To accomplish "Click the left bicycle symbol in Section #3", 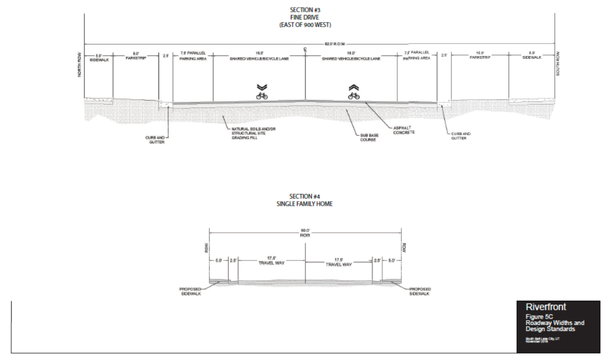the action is (261, 95).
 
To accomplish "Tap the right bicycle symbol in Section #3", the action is (354, 95).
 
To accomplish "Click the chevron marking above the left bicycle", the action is (261, 87).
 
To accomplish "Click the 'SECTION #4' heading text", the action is (304, 197).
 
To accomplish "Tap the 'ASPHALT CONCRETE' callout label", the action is (404, 130).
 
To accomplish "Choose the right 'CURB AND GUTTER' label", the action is (460, 136).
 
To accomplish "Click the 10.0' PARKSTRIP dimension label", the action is (480, 55).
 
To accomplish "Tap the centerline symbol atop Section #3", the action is (305, 49).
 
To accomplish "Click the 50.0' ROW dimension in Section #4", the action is (306, 233).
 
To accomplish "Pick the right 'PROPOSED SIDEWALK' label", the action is (420, 291).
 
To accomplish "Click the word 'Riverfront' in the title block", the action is (545, 307).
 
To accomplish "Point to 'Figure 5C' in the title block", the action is (539, 317).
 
